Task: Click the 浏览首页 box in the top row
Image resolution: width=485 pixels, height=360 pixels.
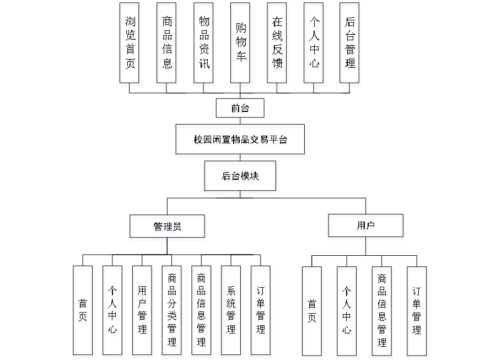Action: tap(130, 45)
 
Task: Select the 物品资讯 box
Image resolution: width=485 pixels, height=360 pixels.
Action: tap(204, 45)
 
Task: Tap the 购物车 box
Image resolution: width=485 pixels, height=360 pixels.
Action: tap(241, 45)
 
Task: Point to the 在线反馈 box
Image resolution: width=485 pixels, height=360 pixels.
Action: tap(278, 45)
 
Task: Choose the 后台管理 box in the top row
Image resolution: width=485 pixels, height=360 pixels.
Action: tap(351, 45)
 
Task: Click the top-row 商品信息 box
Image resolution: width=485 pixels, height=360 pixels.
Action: tap(167, 45)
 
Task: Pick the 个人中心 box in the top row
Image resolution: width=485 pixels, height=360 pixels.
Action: tap(314, 45)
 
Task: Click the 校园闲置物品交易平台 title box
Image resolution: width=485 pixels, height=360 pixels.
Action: tap(240, 141)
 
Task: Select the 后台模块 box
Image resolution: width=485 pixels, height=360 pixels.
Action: tap(241, 178)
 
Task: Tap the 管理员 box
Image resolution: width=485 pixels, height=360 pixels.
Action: tap(168, 228)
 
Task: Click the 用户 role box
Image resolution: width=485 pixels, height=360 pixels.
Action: tap(367, 227)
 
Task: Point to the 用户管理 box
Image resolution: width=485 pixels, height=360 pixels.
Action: tap(143, 311)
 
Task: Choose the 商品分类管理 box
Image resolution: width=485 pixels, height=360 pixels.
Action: tap(173, 311)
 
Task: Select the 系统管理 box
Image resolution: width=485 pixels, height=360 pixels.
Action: tap(231, 311)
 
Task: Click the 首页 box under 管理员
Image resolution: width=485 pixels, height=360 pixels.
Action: tap(83, 311)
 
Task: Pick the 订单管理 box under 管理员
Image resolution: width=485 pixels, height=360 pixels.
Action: tap(261, 311)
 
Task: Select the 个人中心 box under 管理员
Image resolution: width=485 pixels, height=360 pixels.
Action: tap(113, 311)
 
